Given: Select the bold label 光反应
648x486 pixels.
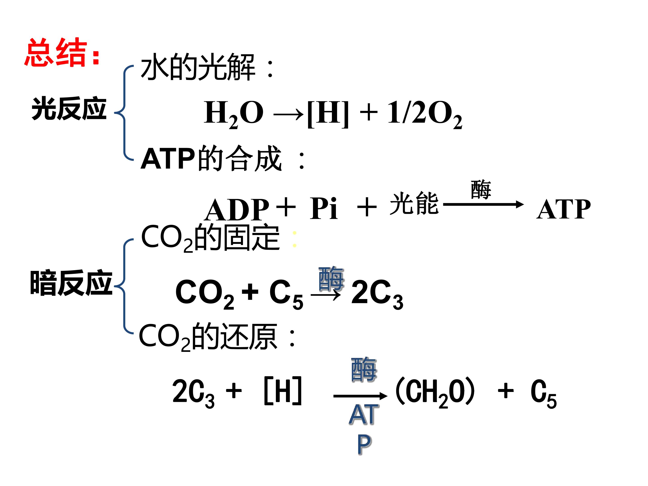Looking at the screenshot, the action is (x=69, y=108).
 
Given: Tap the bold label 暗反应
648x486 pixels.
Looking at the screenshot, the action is (x=71, y=282).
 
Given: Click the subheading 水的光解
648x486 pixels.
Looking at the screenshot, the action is (x=198, y=67).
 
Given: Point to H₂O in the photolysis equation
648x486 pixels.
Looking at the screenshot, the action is (x=234, y=113).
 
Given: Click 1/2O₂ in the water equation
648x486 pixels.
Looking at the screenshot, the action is (x=425, y=113).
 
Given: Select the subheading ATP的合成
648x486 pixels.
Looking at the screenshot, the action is (x=211, y=158).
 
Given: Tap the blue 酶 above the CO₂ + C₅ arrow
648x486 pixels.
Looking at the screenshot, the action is (x=331, y=279).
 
